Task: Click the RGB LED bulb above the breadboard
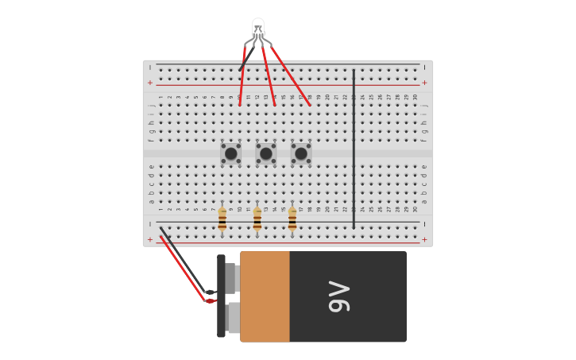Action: pos(258,29)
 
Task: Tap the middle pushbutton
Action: pos(266,153)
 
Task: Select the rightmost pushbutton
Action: pos(301,153)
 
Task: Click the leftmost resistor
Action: pos(222,219)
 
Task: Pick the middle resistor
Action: pos(257,219)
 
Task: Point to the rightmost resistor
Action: pos(292,219)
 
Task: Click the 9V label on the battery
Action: pos(339,296)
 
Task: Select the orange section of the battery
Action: pos(265,296)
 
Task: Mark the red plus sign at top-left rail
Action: pos(149,83)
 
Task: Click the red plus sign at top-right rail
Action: pos(424,83)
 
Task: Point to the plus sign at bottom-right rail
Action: pos(424,239)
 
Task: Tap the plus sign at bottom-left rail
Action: pos(149,239)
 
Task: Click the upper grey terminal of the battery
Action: pos(231,278)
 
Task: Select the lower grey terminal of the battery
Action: pos(232,317)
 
